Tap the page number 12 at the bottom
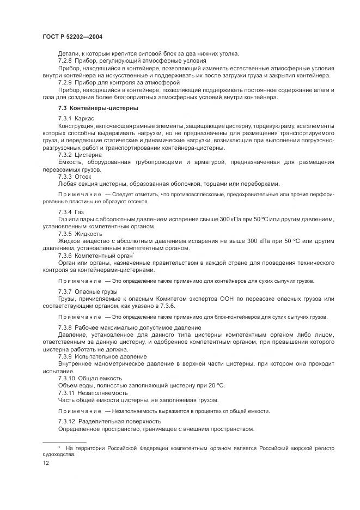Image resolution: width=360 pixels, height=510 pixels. (46, 462)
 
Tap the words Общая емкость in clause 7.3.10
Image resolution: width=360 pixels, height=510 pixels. (100, 377)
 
